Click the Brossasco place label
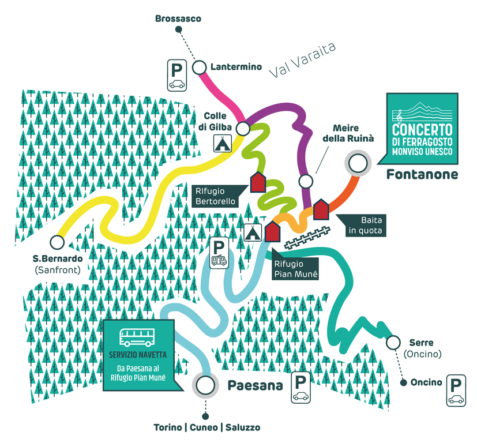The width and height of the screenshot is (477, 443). (x=178, y=19)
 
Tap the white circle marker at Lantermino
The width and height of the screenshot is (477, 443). (x=200, y=68)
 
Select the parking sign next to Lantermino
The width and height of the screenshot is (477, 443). (x=176, y=75)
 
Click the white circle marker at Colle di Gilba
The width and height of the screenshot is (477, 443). (x=243, y=127)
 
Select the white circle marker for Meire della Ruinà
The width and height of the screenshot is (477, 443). (x=306, y=181)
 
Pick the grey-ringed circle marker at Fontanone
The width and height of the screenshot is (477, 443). (x=357, y=164)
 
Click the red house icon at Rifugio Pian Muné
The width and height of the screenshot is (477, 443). (x=272, y=231)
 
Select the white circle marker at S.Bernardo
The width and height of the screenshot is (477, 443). (x=57, y=241)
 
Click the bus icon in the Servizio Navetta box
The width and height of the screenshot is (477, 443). (x=138, y=336)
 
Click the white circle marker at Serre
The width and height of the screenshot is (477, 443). (x=393, y=343)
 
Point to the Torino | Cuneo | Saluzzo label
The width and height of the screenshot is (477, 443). (x=206, y=427)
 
